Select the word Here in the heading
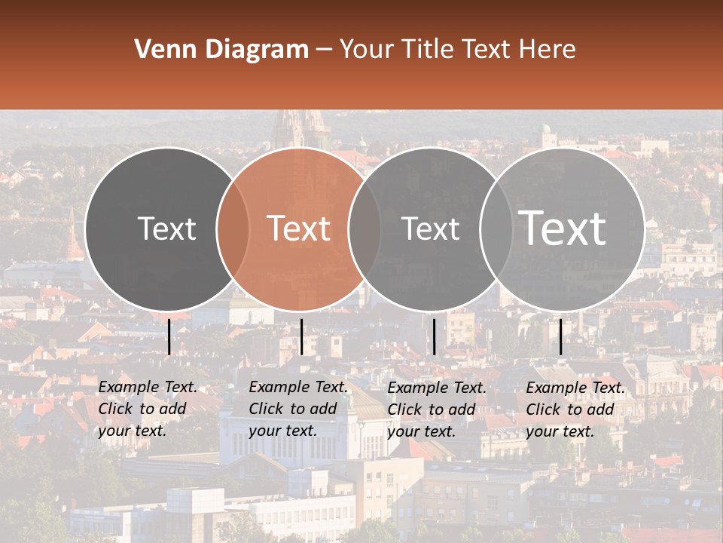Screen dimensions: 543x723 coord(548,50)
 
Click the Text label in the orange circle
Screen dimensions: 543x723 coord(299,229)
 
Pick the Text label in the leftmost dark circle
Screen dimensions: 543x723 coord(166,229)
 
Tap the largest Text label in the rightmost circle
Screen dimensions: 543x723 coord(563,229)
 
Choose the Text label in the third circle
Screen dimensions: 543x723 coord(430,229)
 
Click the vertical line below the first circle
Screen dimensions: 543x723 coord(169,336)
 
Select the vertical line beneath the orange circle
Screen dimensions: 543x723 coord(301,336)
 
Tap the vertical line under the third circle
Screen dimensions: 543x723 coord(434,336)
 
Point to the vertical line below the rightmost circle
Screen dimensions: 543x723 coord(560,336)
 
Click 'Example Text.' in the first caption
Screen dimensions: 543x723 coord(148,387)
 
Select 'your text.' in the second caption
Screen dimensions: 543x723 coord(282,431)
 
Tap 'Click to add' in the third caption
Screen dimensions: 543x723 coord(432,410)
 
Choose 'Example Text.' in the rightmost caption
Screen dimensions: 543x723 coord(575,388)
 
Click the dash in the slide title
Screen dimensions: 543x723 coord(323,50)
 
